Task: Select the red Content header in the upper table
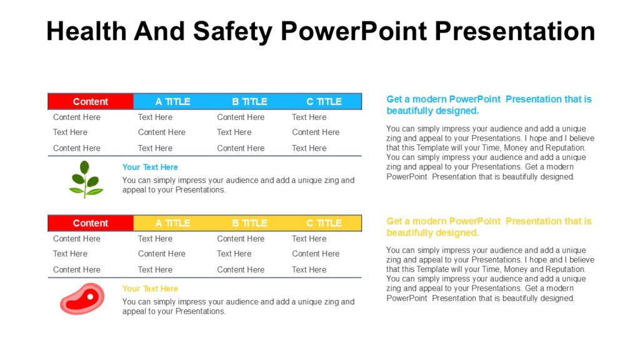(x=91, y=101)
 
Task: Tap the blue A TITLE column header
(x=172, y=101)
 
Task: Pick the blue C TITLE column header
(x=324, y=101)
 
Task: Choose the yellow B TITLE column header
(x=249, y=223)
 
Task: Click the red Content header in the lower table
(x=91, y=223)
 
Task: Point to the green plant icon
(x=85, y=179)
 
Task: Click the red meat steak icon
(x=82, y=299)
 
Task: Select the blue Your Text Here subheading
(x=150, y=167)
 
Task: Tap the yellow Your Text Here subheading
(x=150, y=289)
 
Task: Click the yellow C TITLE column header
(x=324, y=223)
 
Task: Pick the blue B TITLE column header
(x=249, y=101)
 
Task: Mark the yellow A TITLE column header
(x=172, y=223)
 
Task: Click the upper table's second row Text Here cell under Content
(x=70, y=132)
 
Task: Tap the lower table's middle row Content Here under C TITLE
(x=316, y=254)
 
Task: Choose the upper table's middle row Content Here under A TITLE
(x=161, y=132)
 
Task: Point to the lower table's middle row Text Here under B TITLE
(x=234, y=254)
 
